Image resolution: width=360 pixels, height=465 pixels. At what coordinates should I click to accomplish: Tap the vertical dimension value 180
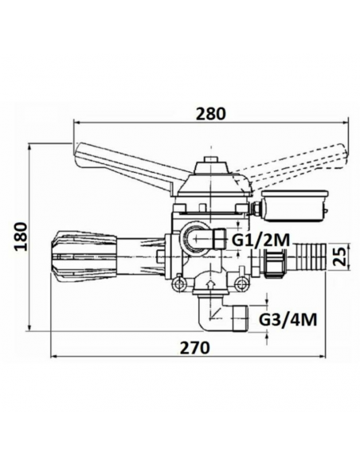tap(22, 236)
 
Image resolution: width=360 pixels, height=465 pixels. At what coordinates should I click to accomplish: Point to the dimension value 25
tap(340, 257)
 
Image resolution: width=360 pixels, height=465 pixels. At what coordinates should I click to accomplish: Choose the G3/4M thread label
tap(289, 319)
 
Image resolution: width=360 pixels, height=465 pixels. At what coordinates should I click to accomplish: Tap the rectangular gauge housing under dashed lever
tap(293, 206)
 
